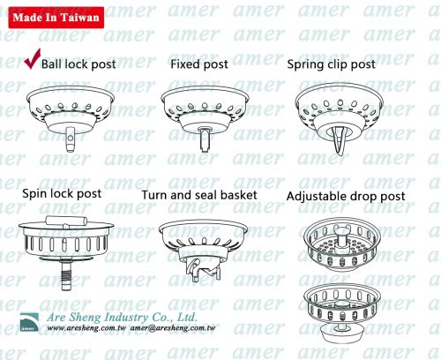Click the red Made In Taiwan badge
point(56,18)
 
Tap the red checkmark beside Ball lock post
point(32,60)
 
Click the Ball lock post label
point(78,64)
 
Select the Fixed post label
point(199,64)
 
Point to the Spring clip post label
point(331,64)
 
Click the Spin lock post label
point(62,194)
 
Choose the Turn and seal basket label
point(199,195)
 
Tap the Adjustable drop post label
point(346,196)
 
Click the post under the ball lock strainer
point(70,139)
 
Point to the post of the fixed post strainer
point(205,139)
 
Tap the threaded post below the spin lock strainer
point(66,274)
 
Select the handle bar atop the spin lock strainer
point(66,221)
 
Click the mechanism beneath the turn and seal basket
point(202,269)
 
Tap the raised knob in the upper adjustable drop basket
point(342,235)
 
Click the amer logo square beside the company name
point(29,322)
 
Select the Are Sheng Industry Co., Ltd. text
point(122,317)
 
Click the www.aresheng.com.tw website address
point(86,328)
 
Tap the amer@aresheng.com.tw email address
point(173,328)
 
